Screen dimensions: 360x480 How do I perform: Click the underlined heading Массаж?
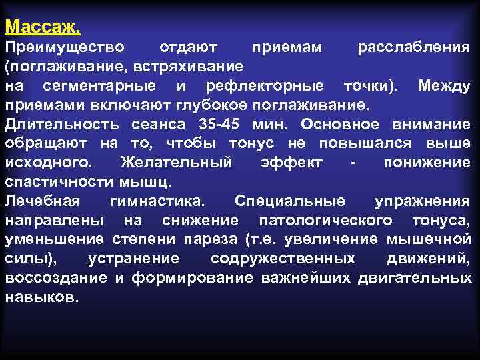click(43, 27)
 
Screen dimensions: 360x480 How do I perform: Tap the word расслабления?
click(414, 47)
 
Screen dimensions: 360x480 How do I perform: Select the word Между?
click(444, 86)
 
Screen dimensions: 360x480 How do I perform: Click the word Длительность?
click(64, 125)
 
